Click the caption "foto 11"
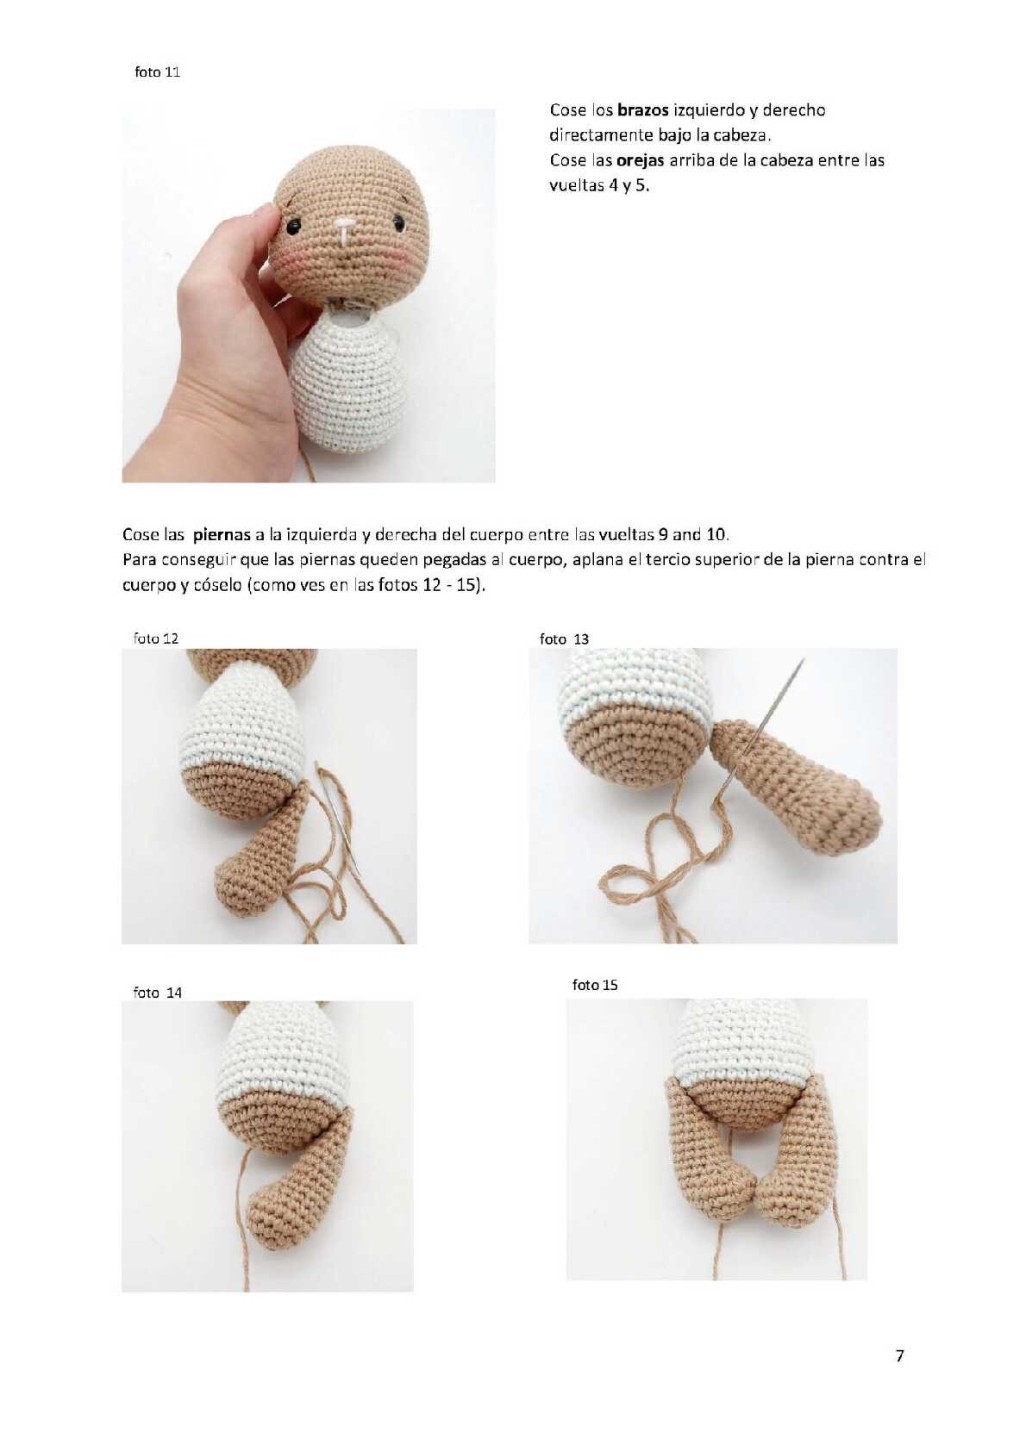158,72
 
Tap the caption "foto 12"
155,638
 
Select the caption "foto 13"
564,639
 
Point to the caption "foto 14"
158,993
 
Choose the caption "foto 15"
595,985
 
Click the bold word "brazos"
643,110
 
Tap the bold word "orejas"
641,160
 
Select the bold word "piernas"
222,535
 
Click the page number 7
899,1355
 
